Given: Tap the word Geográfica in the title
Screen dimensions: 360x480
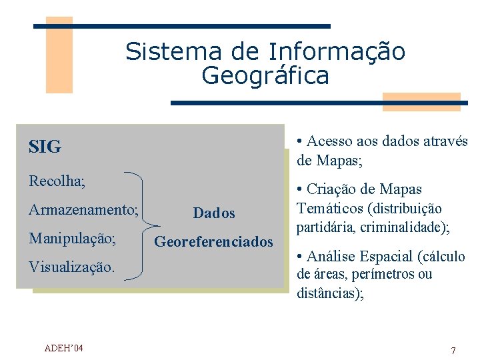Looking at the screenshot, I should click(265, 76).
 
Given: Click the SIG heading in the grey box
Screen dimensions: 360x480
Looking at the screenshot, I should click(45, 147).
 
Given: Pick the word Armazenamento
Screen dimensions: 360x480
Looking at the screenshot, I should click(83, 210).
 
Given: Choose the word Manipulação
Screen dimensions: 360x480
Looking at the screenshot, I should click(72, 238).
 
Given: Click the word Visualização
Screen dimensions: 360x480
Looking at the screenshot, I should click(71, 267).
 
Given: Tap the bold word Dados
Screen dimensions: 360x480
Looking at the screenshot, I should click(214, 213).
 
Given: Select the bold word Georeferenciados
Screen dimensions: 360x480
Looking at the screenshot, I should click(214, 241).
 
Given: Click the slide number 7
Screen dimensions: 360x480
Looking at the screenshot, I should click(453, 351).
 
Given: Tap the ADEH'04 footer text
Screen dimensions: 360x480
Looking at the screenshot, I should click(63, 348).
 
